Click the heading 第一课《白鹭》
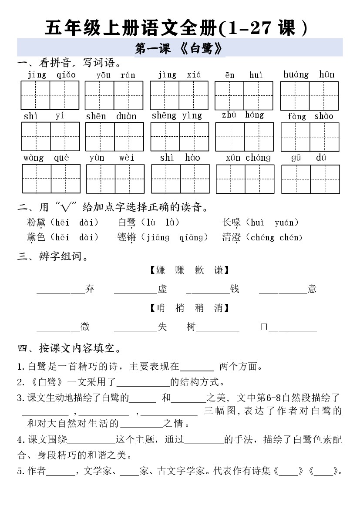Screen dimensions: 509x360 click(x=180, y=48)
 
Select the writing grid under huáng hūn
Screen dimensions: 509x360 click(x=309, y=96)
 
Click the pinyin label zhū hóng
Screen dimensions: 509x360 click(x=242, y=115)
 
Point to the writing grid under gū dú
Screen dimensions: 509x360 click(x=310, y=179)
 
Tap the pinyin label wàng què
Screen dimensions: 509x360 click(x=46, y=158)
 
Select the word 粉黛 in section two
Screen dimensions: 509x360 click(x=36, y=223)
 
